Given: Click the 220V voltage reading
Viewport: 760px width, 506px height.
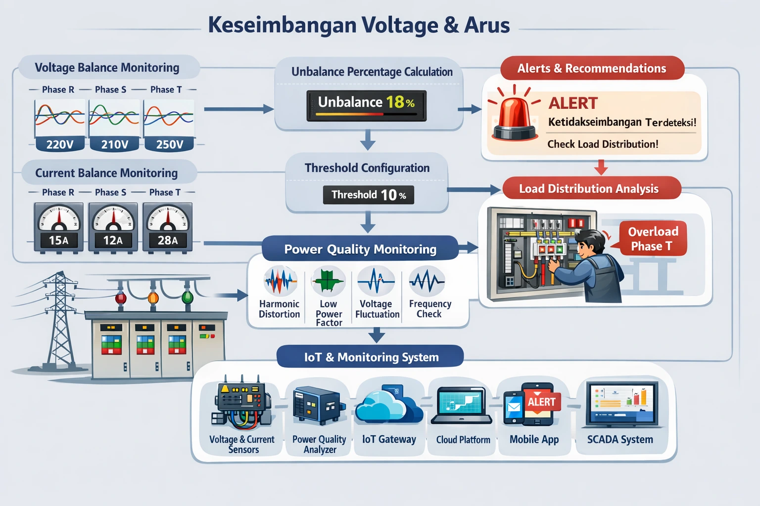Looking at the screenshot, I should (60, 144).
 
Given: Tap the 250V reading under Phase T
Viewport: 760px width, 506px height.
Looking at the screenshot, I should (170, 144).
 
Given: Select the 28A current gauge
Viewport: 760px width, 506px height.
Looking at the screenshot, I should (168, 227).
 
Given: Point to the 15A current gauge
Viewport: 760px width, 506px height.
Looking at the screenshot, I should (59, 227).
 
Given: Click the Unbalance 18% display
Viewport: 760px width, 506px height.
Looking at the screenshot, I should (366, 105).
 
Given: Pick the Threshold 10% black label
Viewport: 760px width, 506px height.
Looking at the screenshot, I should (369, 195).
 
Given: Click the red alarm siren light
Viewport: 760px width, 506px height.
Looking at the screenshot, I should (515, 116).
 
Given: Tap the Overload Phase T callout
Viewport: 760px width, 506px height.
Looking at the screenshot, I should (652, 239).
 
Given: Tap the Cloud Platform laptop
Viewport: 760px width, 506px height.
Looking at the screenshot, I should (462, 405).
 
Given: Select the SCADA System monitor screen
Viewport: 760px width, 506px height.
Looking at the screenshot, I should (621, 402).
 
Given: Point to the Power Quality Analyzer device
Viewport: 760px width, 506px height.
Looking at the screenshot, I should (317, 405).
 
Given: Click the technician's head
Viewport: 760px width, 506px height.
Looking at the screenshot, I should (591, 242).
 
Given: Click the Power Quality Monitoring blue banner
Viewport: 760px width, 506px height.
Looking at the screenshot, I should (360, 249).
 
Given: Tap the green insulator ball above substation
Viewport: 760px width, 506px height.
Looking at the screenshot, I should (188, 297).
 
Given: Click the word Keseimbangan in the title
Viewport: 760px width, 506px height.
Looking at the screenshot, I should (282, 25).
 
